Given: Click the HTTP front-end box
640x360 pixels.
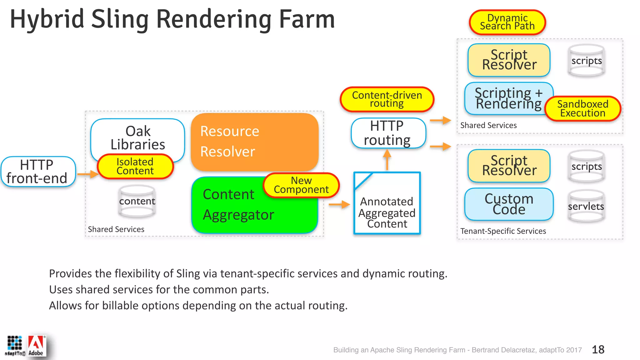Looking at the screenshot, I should [x=38, y=172].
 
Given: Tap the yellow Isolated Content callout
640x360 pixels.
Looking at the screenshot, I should [x=135, y=166].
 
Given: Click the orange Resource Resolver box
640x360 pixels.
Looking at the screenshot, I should [x=254, y=142].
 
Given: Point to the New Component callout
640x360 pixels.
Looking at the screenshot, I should [x=301, y=185].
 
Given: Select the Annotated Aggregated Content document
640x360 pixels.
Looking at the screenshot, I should [x=387, y=206].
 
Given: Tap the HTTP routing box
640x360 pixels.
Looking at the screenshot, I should [x=387, y=133].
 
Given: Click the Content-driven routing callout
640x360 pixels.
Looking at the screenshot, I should [x=387, y=99].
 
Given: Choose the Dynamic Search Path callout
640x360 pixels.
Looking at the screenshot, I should [x=507, y=22].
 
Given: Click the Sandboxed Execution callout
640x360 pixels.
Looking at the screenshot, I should [x=582, y=108].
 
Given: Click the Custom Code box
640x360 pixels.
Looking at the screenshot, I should [x=509, y=204].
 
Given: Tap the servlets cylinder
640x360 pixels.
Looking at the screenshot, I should [x=586, y=206].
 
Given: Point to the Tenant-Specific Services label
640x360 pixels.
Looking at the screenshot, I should [x=503, y=231].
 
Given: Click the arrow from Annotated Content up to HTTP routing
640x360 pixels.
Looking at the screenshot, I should [x=387, y=159].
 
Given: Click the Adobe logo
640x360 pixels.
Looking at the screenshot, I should [x=37, y=346].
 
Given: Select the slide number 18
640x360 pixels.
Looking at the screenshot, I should [x=598, y=349].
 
